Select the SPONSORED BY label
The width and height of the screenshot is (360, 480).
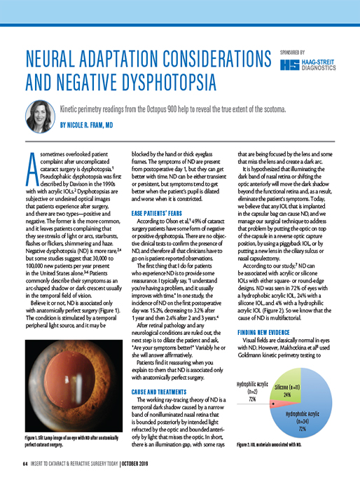click(x=293, y=52)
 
